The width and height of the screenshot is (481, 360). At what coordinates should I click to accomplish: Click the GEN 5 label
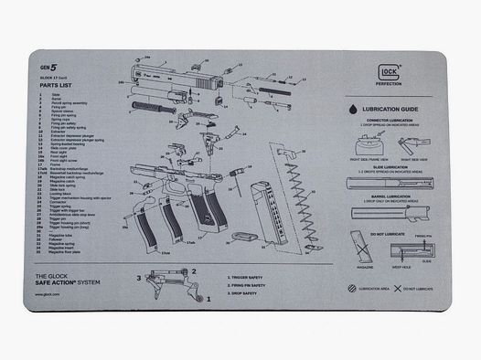[48, 69]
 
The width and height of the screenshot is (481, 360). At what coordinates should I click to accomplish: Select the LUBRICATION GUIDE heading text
[390, 110]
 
